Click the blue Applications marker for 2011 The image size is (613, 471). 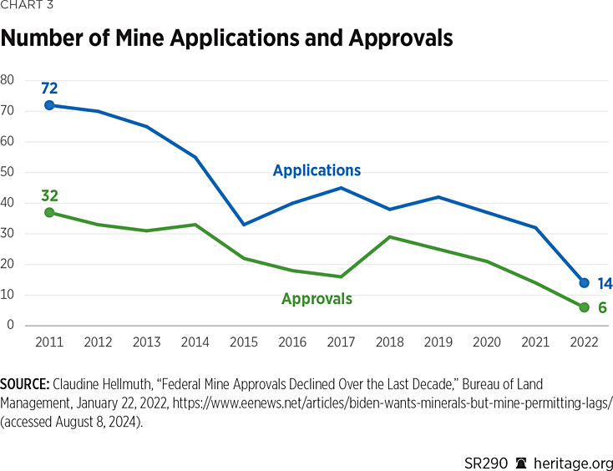pos(49,105)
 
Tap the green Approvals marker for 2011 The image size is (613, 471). pos(49,213)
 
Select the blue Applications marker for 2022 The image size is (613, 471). pos(584,283)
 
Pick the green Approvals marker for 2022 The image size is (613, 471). pos(584,307)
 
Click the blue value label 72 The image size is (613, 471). pos(49,88)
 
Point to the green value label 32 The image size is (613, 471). pos(49,196)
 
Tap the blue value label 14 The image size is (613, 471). pos(604,284)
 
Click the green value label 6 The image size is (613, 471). pos(601,308)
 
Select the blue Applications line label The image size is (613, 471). pos(317,170)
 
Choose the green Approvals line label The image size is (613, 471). pos(317,298)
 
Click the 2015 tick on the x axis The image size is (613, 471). pos(244,341)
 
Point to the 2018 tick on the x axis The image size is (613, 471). pos(390,341)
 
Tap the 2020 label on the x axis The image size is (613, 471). pos(487,341)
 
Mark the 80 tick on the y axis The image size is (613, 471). pos(8,80)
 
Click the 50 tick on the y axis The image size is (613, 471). pos(8,172)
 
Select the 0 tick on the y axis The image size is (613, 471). pos(11,325)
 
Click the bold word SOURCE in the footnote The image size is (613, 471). pos(24,384)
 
